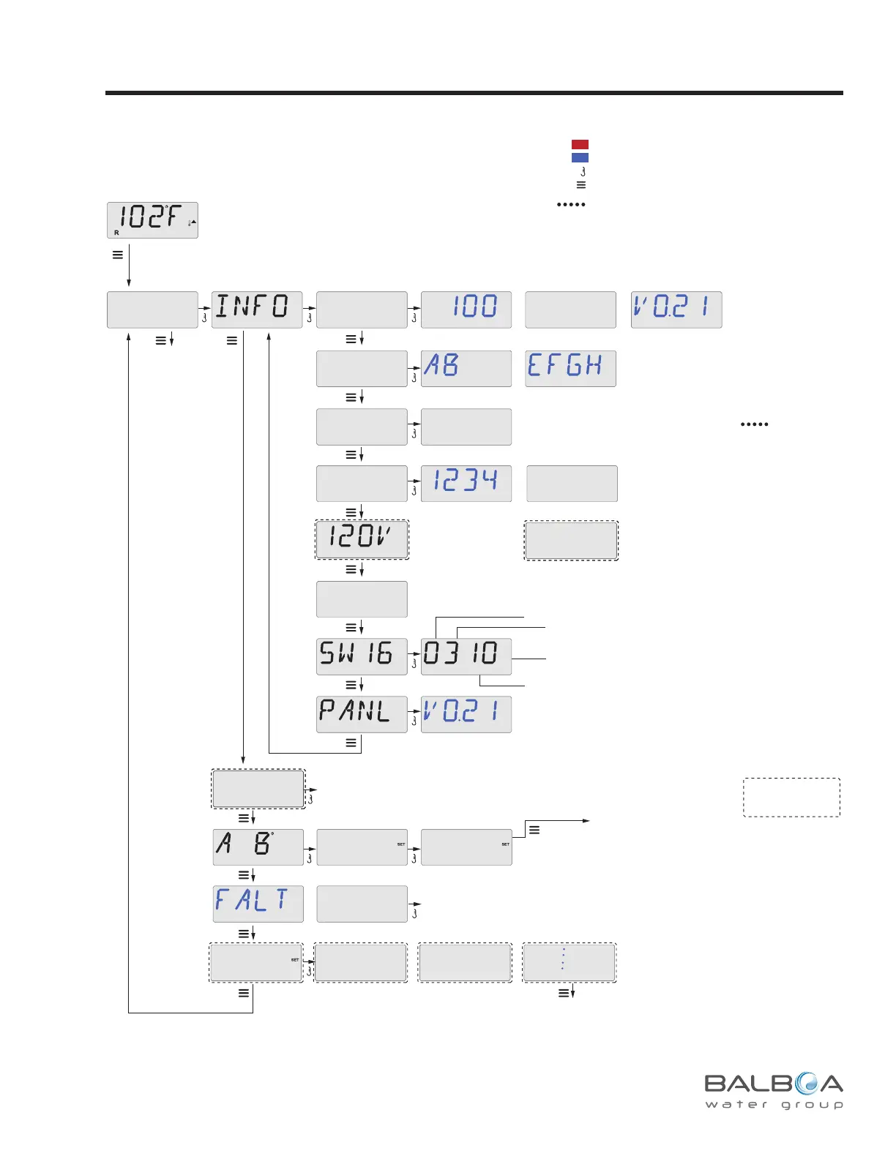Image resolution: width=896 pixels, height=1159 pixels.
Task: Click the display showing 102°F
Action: point(152,220)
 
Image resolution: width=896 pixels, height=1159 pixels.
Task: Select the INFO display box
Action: point(257,310)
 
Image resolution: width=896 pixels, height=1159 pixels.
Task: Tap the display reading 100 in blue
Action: point(466,310)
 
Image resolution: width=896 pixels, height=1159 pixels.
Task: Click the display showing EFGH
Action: point(570,368)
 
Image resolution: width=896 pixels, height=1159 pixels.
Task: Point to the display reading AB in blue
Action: point(466,368)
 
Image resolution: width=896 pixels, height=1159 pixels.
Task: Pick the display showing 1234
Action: point(466,484)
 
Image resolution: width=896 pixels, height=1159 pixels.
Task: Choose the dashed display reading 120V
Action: point(362,540)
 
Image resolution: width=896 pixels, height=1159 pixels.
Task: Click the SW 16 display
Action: point(362,656)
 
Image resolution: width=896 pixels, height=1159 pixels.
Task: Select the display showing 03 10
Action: point(466,656)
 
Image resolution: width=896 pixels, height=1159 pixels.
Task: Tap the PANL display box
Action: point(362,714)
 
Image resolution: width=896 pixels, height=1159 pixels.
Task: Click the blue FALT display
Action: point(258,904)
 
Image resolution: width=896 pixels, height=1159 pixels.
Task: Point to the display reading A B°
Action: point(258,847)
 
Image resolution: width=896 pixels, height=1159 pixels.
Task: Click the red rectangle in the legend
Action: point(580,144)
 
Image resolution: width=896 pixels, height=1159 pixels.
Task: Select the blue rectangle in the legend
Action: point(580,157)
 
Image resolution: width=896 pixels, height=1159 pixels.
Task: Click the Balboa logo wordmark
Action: point(774,1083)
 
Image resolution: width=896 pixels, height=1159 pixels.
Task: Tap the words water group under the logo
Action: point(774,1105)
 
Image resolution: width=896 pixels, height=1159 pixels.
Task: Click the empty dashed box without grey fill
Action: point(791,797)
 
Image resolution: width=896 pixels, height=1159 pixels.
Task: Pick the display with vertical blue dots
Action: point(569,962)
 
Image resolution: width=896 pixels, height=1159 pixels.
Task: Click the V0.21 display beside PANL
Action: point(466,714)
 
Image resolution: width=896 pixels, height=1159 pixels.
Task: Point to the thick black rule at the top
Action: point(474,93)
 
